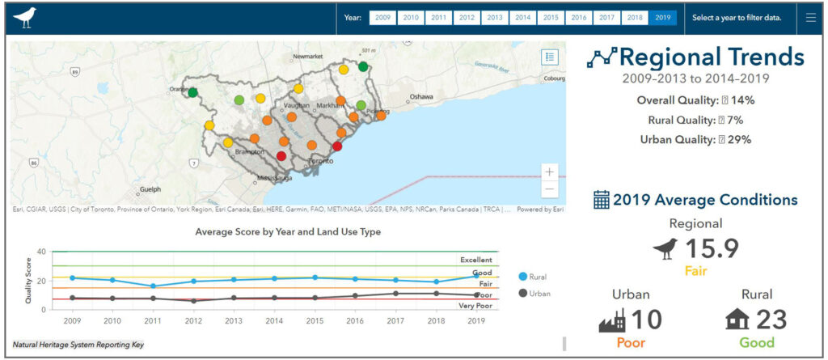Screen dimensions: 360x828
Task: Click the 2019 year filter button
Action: [x=662, y=18]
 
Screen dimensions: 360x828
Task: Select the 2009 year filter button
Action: [x=382, y=18]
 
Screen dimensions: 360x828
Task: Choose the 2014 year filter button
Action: [x=522, y=18]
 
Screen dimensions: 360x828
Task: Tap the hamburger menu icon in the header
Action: [x=810, y=18]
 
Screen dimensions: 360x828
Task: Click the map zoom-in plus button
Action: [x=550, y=172]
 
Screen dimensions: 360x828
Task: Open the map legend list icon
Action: [x=550, y=57]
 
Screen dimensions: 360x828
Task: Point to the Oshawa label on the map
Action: [x=421, y=96]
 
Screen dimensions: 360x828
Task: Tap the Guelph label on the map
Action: [x=128, y=189]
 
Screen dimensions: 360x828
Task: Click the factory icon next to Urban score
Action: [x=611, y=320]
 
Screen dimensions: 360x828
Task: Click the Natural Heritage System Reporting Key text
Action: [x=78, y=345]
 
